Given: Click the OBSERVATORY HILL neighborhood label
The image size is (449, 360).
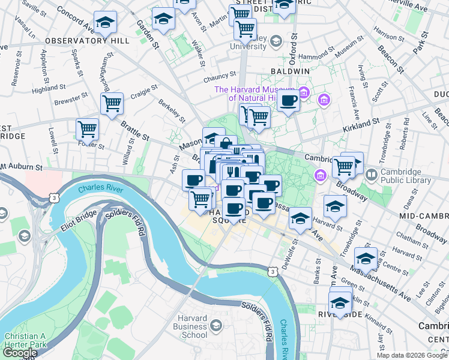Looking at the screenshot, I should pyautogui.click(x=86, y=41).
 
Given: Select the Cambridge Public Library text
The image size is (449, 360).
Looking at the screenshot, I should pyautogui.click(x=405, y=175).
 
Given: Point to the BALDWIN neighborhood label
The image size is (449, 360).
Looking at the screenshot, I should pyautogui.click(x=289, y=71).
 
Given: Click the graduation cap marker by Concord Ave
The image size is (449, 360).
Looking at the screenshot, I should pyautogui.click(x=106, y=23).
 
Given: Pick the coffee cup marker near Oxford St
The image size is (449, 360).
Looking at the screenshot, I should pyautogui.click(x=288, y=101).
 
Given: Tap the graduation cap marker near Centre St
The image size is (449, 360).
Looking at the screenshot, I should pyautogui.click(x=365, y=259).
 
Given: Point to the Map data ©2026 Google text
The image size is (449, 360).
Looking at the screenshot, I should pyautogui.click(x=411, y=355).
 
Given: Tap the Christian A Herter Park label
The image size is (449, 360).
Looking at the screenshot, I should pyautogui.click(x=25, y=340).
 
